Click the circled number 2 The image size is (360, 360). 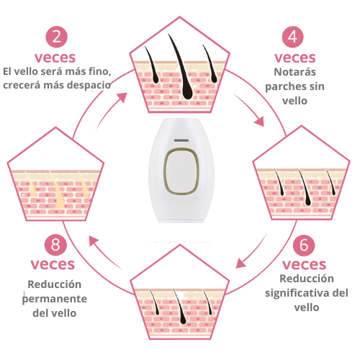click(55, 38)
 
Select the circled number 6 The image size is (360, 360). click(304, 245)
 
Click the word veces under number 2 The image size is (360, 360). click(55, 57)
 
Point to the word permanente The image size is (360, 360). click(55, 298)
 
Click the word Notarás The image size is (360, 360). click(294, 72)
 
